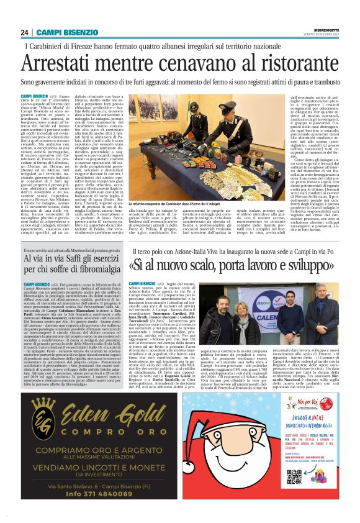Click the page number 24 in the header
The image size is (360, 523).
[x=24, y=32]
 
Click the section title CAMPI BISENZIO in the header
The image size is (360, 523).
[x=61, y=32]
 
